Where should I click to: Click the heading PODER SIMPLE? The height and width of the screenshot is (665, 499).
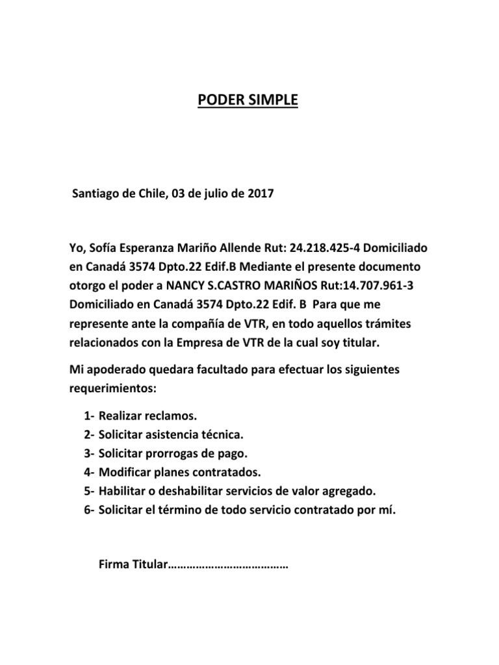(x=248, y=101)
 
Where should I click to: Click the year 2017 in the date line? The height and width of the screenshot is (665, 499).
(x=260, y=194)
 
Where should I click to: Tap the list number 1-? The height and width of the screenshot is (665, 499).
(x=90, y=416)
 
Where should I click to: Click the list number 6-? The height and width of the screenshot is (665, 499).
(x=90, y=510)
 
